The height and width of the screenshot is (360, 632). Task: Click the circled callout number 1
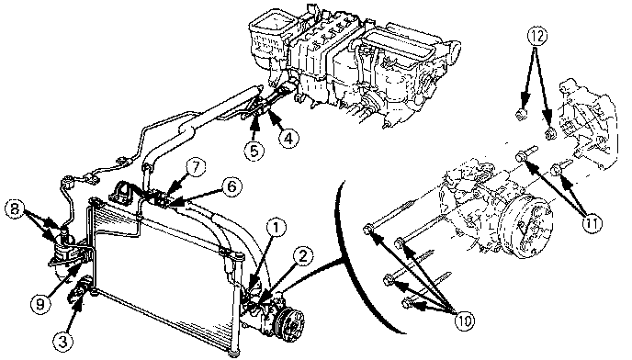coord(276,228)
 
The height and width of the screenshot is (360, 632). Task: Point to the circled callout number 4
coord(288,139)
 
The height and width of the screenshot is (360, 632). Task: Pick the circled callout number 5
coord(254,152)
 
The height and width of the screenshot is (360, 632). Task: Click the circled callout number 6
coord(233,187)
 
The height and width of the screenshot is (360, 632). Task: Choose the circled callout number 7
coord(196,168)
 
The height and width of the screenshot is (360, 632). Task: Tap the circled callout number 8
coord(15,210)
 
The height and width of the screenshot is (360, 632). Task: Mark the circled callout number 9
coord(39,304)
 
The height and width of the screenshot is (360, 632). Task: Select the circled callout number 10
coord(465,321)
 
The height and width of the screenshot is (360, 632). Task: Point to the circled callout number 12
coord(536,37)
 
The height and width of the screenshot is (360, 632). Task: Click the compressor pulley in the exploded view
coord(525,227)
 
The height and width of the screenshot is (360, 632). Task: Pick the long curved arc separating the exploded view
coord(352,258)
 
